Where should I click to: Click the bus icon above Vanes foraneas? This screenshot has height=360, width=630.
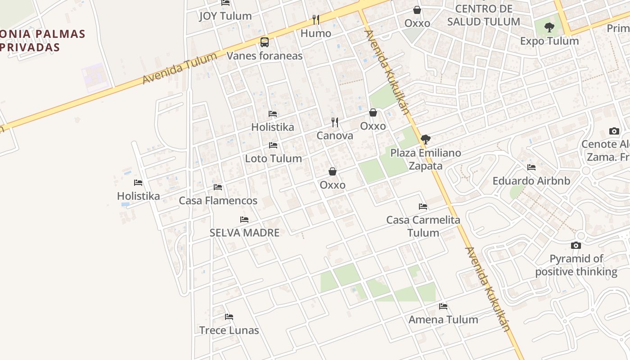265,42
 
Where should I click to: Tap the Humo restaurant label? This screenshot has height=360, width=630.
316,33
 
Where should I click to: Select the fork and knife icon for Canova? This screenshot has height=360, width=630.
335,122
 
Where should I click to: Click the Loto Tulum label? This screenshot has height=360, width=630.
273,158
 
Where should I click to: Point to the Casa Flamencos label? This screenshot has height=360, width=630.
218,201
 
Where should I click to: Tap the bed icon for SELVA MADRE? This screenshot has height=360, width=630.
244,220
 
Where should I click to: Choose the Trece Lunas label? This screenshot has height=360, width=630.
229,330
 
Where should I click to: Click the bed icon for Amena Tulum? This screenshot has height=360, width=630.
443,306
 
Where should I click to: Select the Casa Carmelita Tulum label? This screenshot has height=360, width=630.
423,226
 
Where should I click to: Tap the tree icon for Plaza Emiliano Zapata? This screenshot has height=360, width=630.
425,139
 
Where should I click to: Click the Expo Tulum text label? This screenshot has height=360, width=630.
549,41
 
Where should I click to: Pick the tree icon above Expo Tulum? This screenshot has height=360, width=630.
549,27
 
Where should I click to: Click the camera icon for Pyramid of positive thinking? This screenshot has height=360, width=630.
576,245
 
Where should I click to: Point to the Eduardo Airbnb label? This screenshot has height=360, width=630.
531,181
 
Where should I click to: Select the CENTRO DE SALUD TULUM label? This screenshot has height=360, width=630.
484,15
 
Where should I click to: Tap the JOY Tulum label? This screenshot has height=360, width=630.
225,16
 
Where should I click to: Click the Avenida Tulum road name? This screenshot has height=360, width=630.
180,68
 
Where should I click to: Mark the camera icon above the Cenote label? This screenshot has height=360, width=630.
614,131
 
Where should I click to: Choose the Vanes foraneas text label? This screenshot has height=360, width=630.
265,56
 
